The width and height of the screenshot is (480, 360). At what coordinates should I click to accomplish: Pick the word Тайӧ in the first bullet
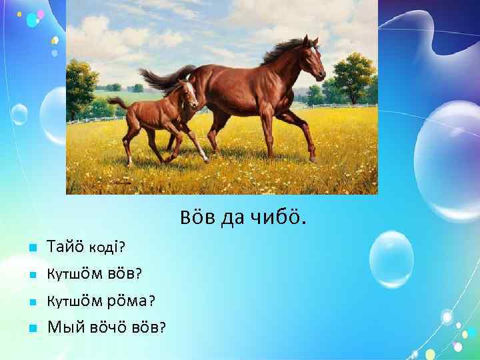click(65, 247)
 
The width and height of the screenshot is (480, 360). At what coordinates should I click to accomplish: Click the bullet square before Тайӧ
click(32, 249)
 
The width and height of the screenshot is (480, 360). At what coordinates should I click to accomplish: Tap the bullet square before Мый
click(32, 328)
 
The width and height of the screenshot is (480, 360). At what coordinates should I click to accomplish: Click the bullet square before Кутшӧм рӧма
click(32, 301)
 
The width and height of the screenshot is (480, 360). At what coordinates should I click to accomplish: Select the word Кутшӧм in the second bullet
click(71, 274)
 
